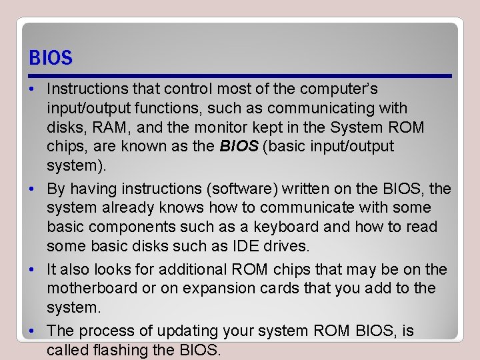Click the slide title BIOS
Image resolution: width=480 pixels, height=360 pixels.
51,58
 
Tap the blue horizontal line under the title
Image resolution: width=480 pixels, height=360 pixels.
240,76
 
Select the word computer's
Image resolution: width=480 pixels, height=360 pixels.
339,89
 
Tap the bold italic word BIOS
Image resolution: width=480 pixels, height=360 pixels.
239,146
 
